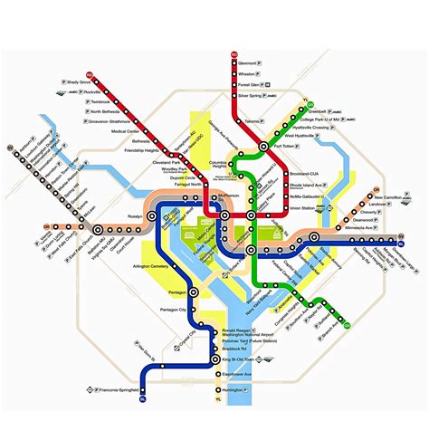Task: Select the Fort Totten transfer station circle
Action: click(x=263, y=145)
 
